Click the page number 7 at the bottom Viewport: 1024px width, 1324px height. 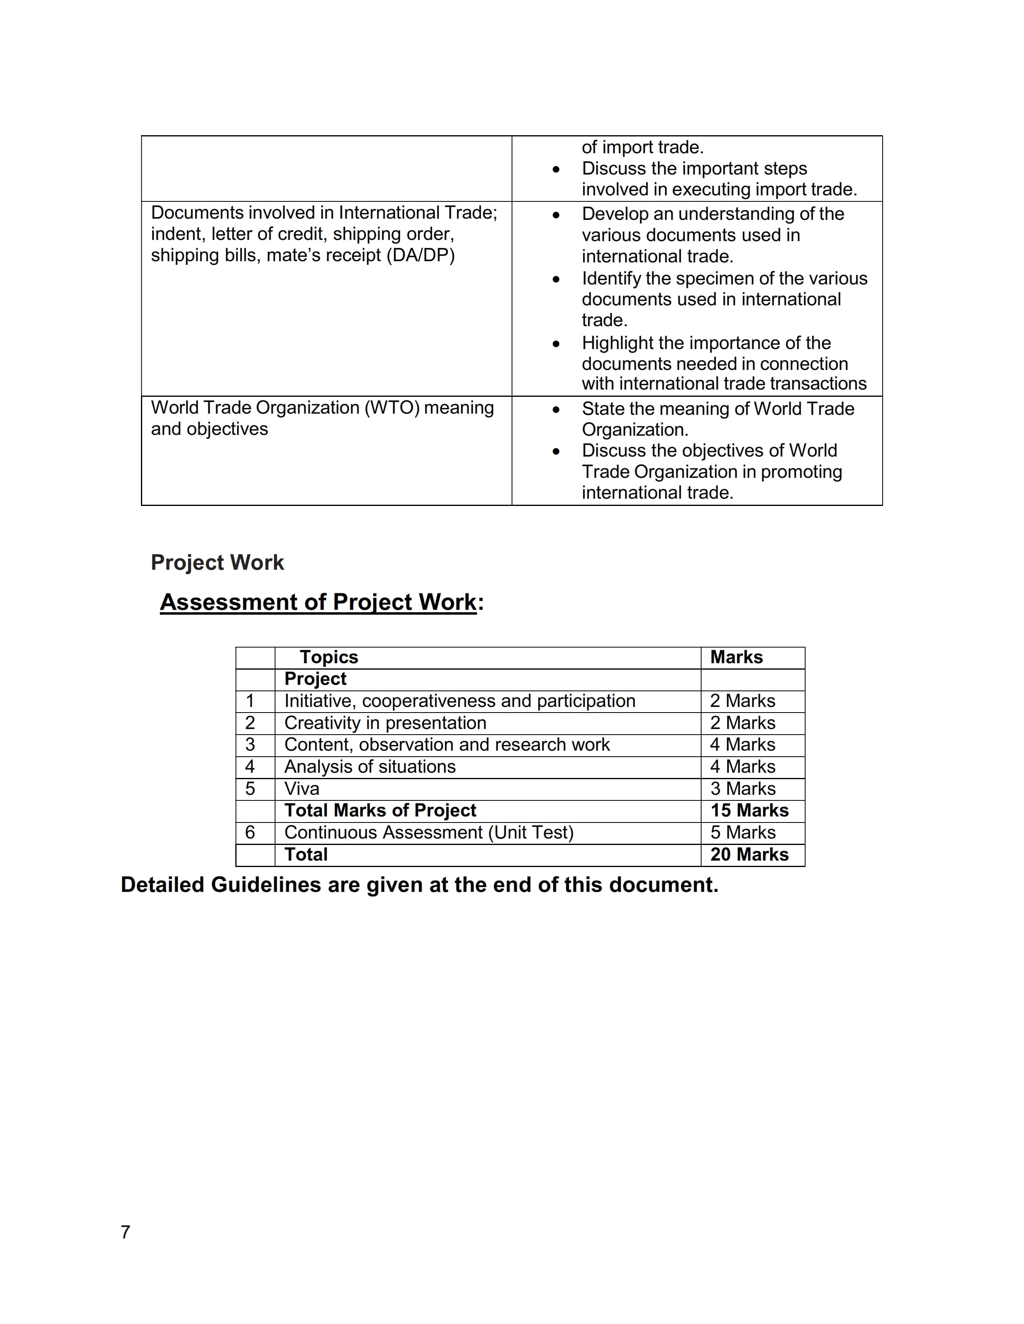click(x=126, y=1232)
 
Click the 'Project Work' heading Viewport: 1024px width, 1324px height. click(x=217, y=562)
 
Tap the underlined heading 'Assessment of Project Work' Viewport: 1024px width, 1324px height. click(x=318, y=602)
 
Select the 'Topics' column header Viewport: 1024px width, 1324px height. click(x=329, y=657)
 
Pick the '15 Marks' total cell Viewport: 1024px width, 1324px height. click(x=749, y=810)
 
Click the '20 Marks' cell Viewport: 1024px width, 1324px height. click(x=749, y=854)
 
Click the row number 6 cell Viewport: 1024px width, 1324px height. click(x=250, y=833)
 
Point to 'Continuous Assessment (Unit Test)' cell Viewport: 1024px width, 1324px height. click(x=429, y=833)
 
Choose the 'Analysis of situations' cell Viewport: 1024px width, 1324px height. click(x=370, y=767)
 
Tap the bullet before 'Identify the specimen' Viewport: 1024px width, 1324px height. click(x=556, y=280)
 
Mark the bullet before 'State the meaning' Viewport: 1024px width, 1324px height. click(x=556, y=410)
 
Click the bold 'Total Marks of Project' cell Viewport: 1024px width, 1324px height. click(x=380, y=810)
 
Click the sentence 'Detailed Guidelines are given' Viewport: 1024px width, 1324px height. click(x=419, y=885)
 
